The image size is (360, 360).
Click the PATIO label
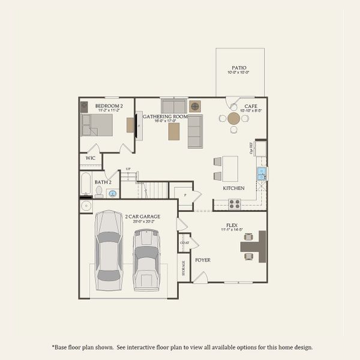(239, 68)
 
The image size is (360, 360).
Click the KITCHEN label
(234, 188)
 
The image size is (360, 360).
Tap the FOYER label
(203, 260)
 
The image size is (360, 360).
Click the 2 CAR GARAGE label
(142, 215)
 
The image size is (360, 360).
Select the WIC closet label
(91, 158)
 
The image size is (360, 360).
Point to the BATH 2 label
(103, 181)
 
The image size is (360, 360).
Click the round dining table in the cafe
(234, 119)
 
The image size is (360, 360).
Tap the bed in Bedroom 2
(97, 125)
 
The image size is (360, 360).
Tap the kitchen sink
(262, 174)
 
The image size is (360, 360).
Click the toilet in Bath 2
(99, 191)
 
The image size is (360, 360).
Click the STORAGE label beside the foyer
(182, 268)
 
